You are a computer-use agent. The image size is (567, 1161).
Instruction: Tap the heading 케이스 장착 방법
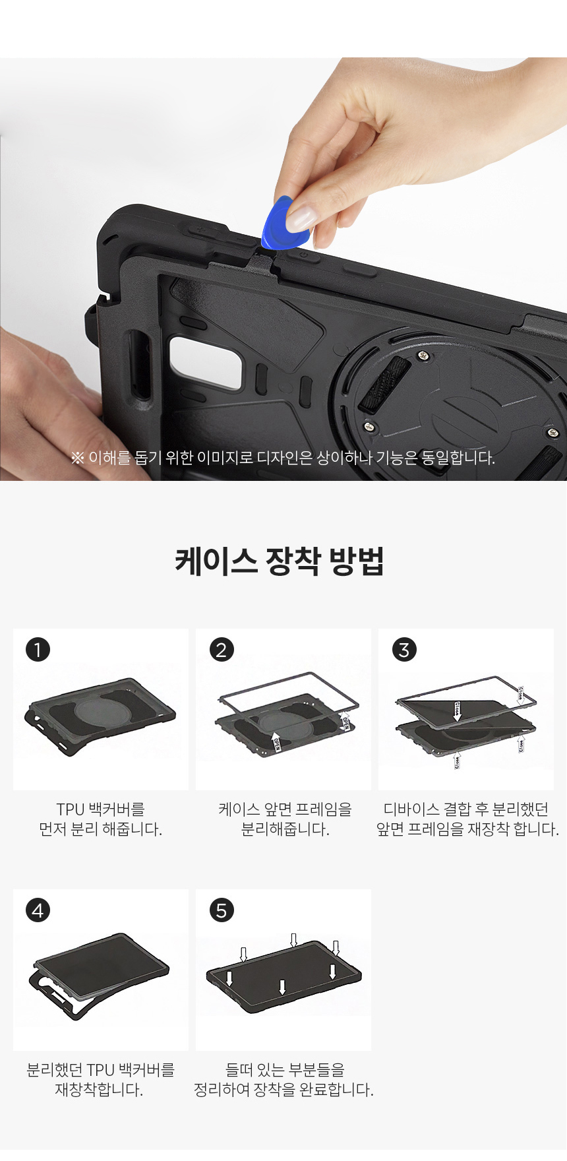tap(280, 561)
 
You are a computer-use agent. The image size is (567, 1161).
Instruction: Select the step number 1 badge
tap(38, 650)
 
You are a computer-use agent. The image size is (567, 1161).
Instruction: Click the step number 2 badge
tap(222, 650)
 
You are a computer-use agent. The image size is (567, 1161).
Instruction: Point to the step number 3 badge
tap(404, 650)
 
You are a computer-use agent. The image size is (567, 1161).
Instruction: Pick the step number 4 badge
tap(38, 910)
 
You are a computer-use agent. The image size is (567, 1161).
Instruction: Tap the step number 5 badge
tap(222, 910)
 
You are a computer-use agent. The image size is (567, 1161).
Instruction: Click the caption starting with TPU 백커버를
tap(100, 819)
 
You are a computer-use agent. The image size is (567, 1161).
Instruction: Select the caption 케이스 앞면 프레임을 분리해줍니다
tap(285, 819)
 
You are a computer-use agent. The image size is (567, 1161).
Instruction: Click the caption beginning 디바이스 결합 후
tap(467, 819)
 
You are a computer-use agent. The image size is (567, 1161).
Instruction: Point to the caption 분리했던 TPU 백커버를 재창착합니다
tap(100, 1080)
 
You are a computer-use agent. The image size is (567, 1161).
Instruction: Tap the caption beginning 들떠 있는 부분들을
tap(284, 1080)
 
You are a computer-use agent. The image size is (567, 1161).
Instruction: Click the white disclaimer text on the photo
tap(283, 458)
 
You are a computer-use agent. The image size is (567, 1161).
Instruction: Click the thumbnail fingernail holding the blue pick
tap(303, 217)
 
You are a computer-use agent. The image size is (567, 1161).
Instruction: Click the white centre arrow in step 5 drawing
tap(282, 987)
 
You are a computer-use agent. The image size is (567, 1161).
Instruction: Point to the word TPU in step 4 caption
tap(102, 1070)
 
